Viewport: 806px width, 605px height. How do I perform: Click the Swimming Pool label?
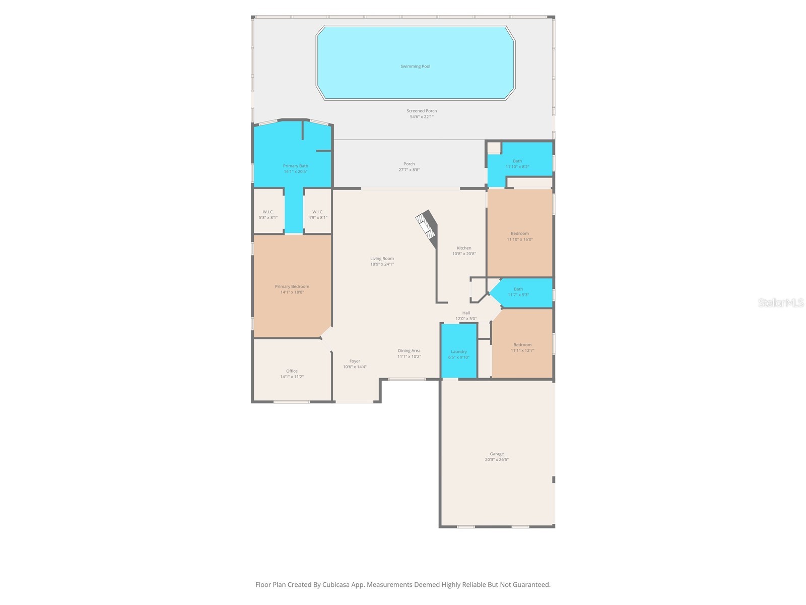click(x=415, y=66)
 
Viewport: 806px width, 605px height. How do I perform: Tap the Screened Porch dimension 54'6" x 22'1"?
click(x=422, y=116)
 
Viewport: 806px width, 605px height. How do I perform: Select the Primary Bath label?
click(x=295, y=166)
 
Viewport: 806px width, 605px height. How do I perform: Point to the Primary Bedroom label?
click(x=292, y=286)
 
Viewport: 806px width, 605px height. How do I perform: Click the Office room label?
click(x=292, y=371)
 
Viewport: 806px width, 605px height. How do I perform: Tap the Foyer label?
click(x=355, y=361)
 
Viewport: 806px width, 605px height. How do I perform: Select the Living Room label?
click(x=382, y=259)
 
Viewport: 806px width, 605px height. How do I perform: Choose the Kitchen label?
click(x=464, y=248)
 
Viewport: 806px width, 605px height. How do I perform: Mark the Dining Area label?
click(x=409, y=351)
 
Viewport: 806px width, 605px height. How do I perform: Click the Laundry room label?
click(x=458, y=351)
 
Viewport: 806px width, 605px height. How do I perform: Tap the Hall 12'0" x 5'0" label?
click(x=466, y=316)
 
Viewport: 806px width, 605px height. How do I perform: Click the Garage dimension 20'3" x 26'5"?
click(x=497, y=459)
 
